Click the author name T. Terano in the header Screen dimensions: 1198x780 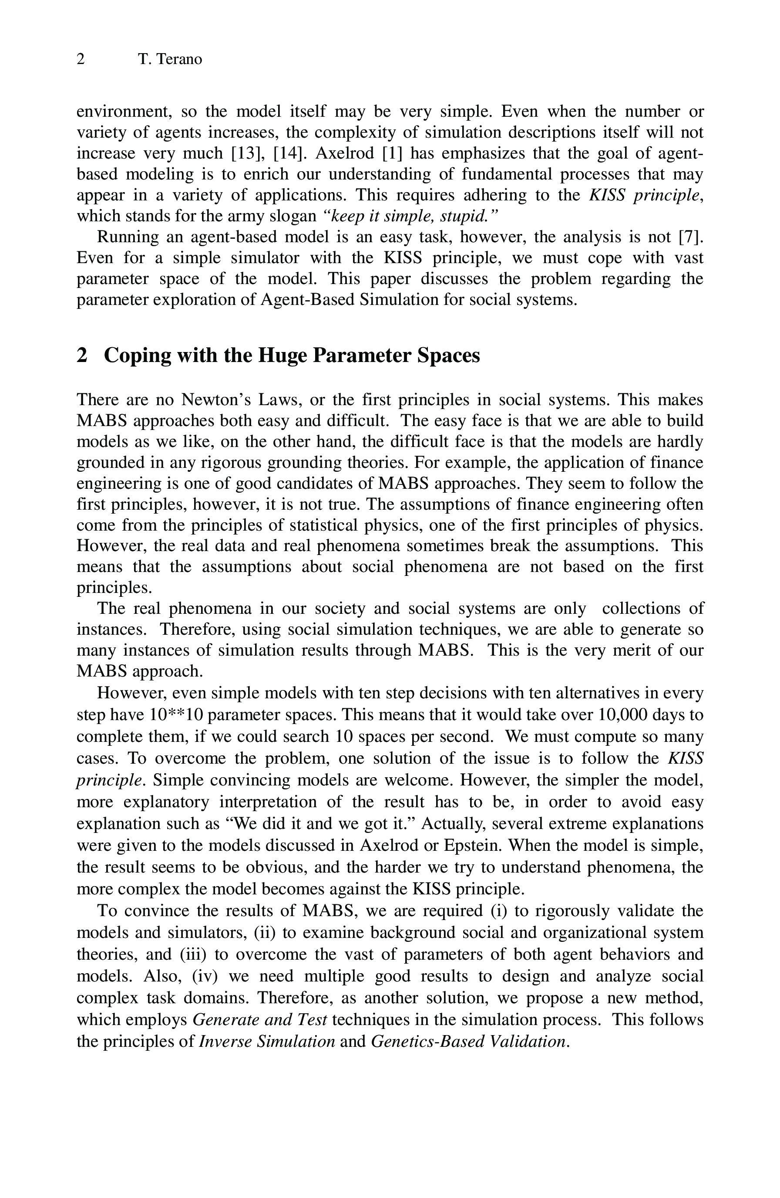point(170,59)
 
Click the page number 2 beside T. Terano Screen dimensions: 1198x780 point(81,59)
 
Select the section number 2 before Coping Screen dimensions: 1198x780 point(82,356)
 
